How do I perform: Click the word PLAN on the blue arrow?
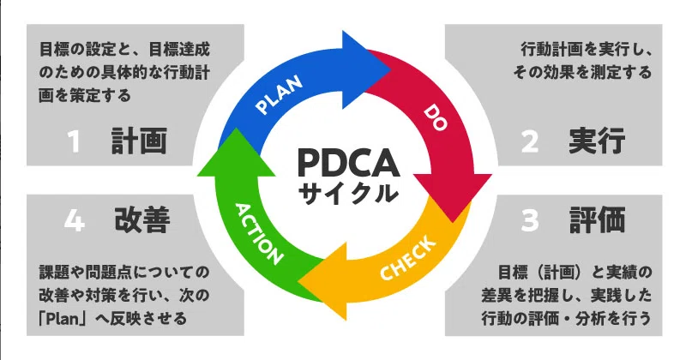point(279,95)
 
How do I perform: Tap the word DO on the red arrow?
point(436,117)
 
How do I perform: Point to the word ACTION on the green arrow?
point(258,234)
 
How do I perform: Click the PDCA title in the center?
point(348,163)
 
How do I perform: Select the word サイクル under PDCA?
point(348,193)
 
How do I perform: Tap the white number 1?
point(75,141)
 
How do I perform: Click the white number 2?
point(530,141)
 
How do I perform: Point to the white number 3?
point(530,220)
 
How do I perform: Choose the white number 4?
point(74,220)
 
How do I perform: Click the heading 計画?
point(139,141)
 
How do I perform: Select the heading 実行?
point(597,141)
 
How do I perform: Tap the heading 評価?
point(597,220)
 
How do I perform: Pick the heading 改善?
point(142,220)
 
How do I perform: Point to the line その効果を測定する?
point(583,72)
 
